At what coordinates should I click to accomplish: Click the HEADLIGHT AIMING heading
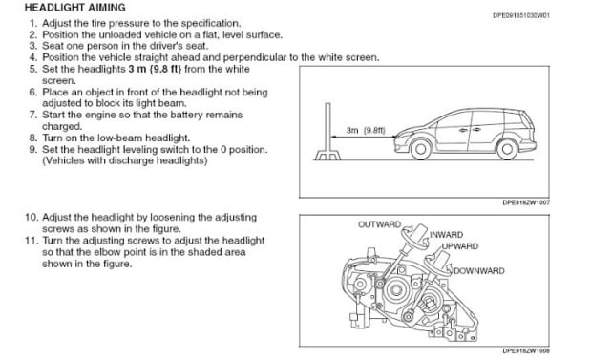pos(75,8)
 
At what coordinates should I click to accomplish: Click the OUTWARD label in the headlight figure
pos(380,224)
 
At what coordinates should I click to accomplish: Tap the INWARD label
pos(447,235)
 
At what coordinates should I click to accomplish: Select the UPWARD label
pos(460,246)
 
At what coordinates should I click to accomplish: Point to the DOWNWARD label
pos(479,270)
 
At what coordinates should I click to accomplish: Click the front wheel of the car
pos(421,149)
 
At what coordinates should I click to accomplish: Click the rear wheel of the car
pos(507,149)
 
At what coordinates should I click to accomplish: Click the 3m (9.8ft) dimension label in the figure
pos(366,130)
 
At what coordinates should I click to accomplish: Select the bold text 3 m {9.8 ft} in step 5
pos(155,69)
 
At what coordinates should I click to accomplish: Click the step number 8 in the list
pos(33,138)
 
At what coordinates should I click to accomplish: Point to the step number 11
pos(32,240)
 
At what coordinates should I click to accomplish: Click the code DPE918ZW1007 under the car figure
pos(526,202)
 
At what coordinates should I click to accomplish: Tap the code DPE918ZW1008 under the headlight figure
pos(526,351)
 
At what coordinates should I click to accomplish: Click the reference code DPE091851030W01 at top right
pos(521,15)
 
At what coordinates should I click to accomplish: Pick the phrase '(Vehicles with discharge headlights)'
pos(125,160)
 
